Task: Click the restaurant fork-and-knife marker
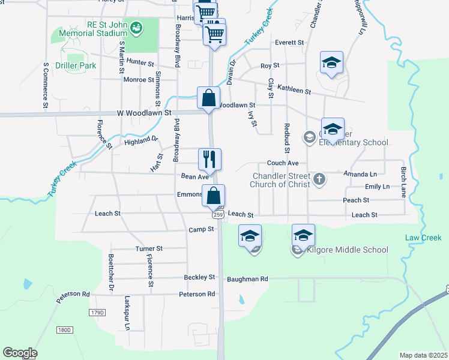[x=210, y=159]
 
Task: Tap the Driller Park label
[x=76, y=65]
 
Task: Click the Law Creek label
[x=423, y=238]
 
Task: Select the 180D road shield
[x=64, y=330]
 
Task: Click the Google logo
[x=20, y=353]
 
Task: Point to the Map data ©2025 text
[x=423, y=355]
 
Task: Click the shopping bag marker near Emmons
[x=214, y=195]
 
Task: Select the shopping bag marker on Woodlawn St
[x=208, y=97]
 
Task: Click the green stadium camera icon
[x=136, y=27]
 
